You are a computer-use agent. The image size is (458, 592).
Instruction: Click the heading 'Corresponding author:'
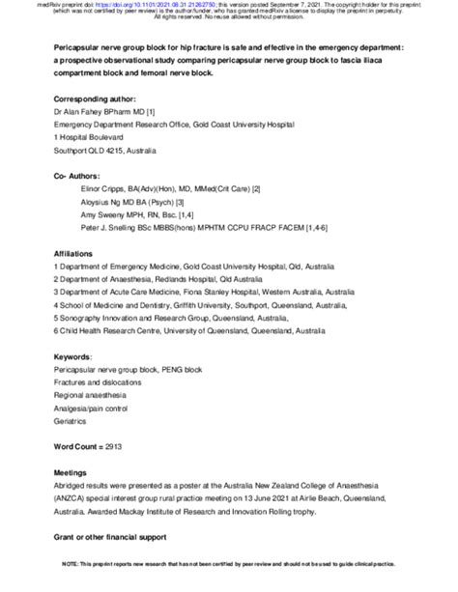(x=96, y=99)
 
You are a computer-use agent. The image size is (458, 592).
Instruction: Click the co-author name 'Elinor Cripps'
(x=99, y=189)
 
